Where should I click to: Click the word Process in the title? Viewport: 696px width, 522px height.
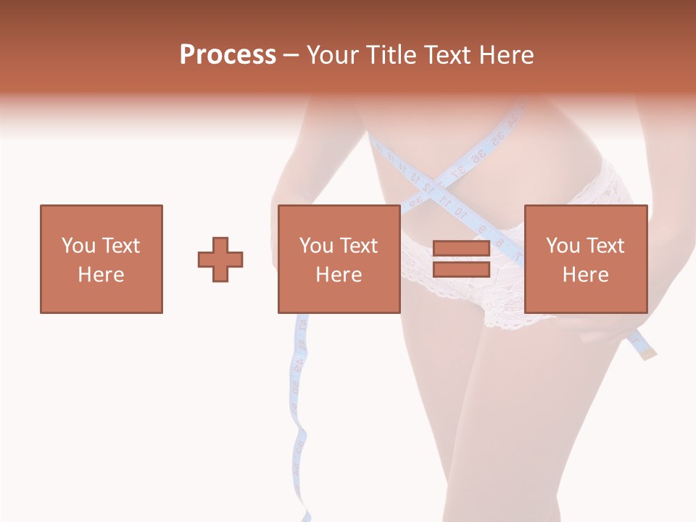[x=228, y=54]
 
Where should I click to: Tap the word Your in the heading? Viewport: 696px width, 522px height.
[x=331, y=54]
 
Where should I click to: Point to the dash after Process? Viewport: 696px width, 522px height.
[x=291, y=56]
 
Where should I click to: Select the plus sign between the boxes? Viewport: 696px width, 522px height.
[x=220, y=259]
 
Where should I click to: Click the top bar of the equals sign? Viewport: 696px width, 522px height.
[x=461, y=249]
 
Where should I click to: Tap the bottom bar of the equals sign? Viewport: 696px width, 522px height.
[x=461, y=269]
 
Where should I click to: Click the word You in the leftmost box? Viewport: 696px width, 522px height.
[x=78, y=245]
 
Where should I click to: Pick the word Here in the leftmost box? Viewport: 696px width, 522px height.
[x=101, y=274]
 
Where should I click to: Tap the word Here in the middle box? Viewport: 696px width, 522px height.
[x=339, y=274]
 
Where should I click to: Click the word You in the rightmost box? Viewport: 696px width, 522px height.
[x=563, y=245]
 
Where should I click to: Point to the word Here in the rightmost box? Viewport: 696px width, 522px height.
[x=585, y=274]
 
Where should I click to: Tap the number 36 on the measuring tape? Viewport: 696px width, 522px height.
[x=478, y=157]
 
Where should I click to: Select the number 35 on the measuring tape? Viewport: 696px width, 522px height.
[x=499, y=138]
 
